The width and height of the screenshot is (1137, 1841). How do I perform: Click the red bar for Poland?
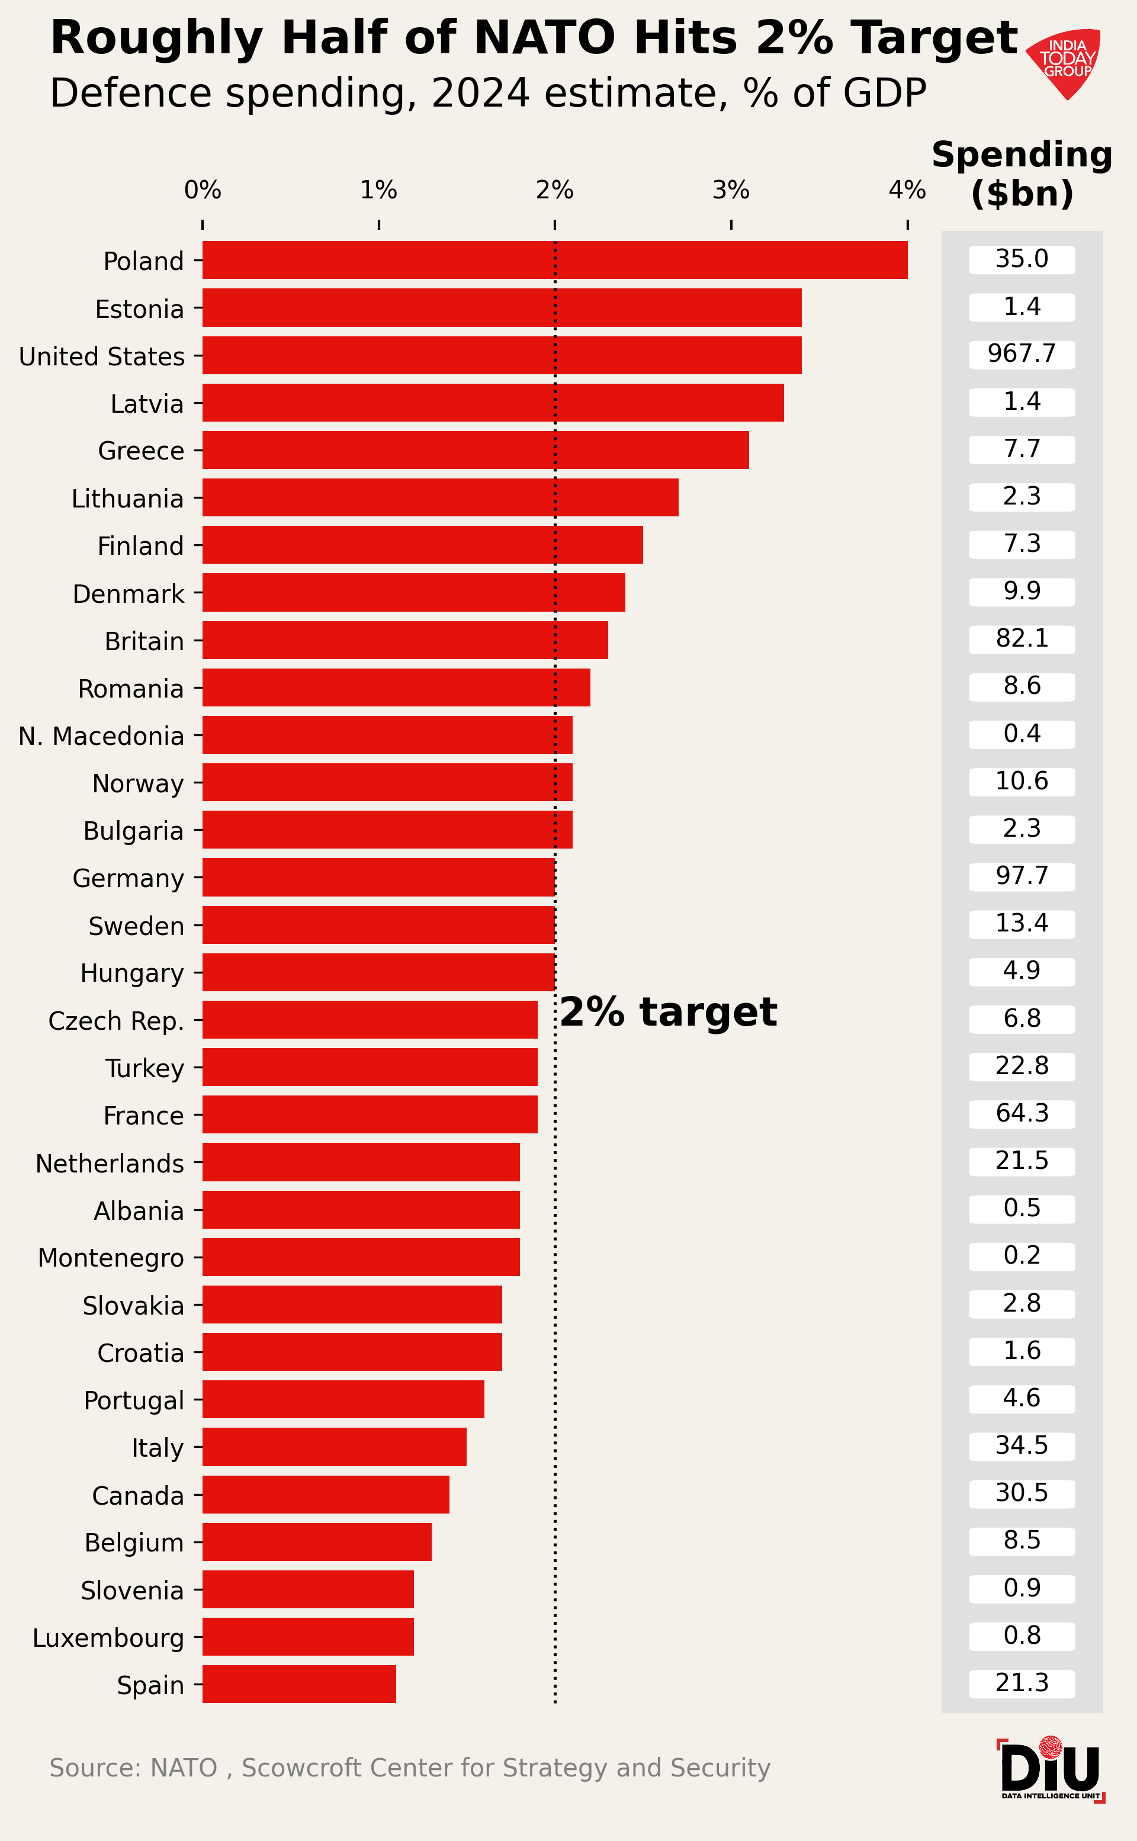555,260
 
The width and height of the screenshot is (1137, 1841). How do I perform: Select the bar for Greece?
476,449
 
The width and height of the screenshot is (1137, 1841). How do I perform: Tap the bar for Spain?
299,1685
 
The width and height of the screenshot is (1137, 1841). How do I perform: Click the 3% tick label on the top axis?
731,191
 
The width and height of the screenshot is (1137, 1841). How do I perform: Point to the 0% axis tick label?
203,191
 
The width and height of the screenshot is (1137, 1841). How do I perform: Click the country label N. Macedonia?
101,737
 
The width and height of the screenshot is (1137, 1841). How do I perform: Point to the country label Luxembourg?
108,1639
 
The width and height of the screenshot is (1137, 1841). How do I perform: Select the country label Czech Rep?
117,1021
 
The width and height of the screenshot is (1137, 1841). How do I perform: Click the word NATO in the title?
545,37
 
